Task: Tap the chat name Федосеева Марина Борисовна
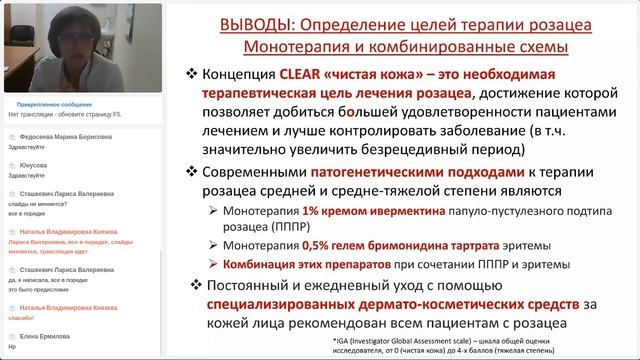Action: (x=61, y=137)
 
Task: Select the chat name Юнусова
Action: (x=35, y=165)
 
